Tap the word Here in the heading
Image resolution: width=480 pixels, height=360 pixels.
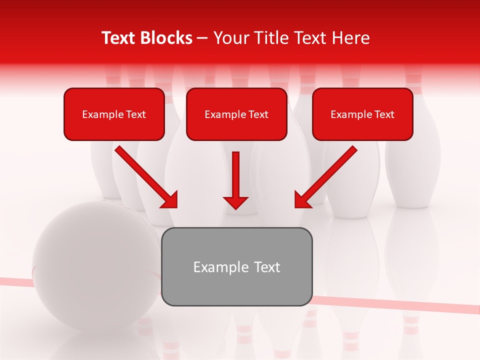[x=351, y=38]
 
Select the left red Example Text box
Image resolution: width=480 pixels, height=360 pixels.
[x=114, y=114]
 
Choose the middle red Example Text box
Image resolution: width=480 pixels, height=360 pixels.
[x=236, y=114]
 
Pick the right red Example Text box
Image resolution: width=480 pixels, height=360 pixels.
[x=362, y=114]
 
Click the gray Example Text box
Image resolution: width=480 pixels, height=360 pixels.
[x=237, y=266]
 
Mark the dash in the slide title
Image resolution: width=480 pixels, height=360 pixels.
[x=202, y=38]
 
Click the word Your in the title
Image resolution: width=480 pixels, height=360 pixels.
[x=229, y=38]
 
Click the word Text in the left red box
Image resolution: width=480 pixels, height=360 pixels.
[x=136, y=114]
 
